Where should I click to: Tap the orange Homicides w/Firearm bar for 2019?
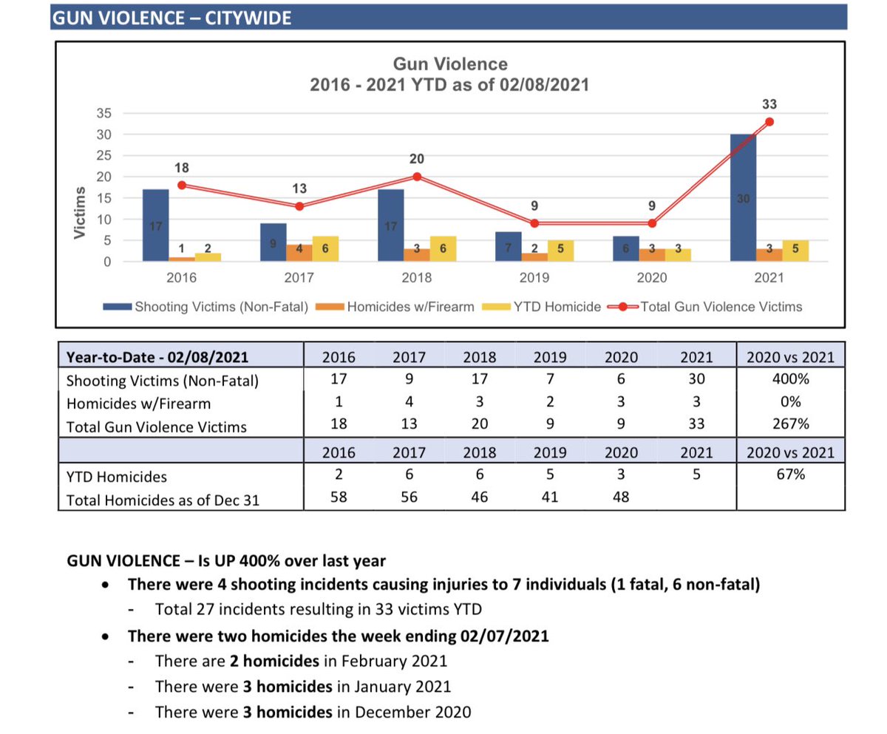click(534, 257)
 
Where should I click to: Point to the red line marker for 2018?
click(417, 177)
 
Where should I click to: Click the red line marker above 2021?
click(769, 122)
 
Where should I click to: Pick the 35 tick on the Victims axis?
click(103, 113)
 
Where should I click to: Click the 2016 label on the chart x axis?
click(181, 278)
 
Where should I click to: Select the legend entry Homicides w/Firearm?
click(410, 307)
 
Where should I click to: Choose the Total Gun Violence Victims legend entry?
click(721, 307)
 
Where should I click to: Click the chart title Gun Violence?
click(449, 64)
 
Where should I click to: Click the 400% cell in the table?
click(790, 380)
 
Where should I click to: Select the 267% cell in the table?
click(790, 426)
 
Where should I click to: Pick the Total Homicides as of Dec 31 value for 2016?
click(339, 497)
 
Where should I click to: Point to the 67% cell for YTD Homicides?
click(790, 475)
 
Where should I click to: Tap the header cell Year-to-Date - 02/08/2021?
click(157, 357)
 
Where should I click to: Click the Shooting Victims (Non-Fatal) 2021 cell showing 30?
click(697, 380)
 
